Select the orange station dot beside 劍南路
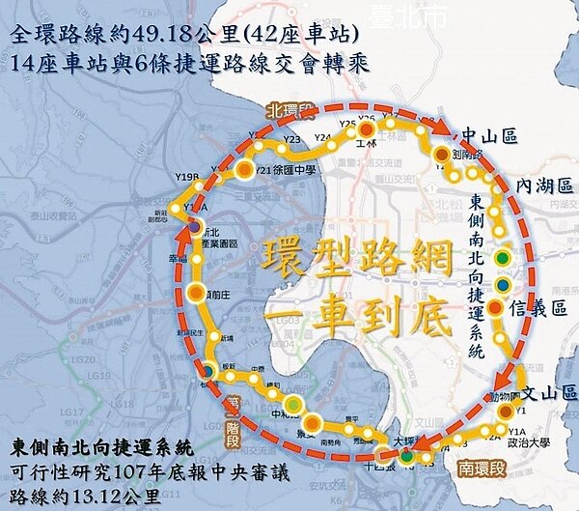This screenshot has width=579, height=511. tap(441, 155)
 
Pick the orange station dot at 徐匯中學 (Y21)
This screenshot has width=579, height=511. tap(245, 169)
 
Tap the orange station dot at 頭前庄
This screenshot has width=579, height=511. tap(195, 293)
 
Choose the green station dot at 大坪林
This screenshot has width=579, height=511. tap(407, 455)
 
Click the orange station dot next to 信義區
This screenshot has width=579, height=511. tap(495, 308)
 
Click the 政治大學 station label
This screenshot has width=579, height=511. tap(531, 443)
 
